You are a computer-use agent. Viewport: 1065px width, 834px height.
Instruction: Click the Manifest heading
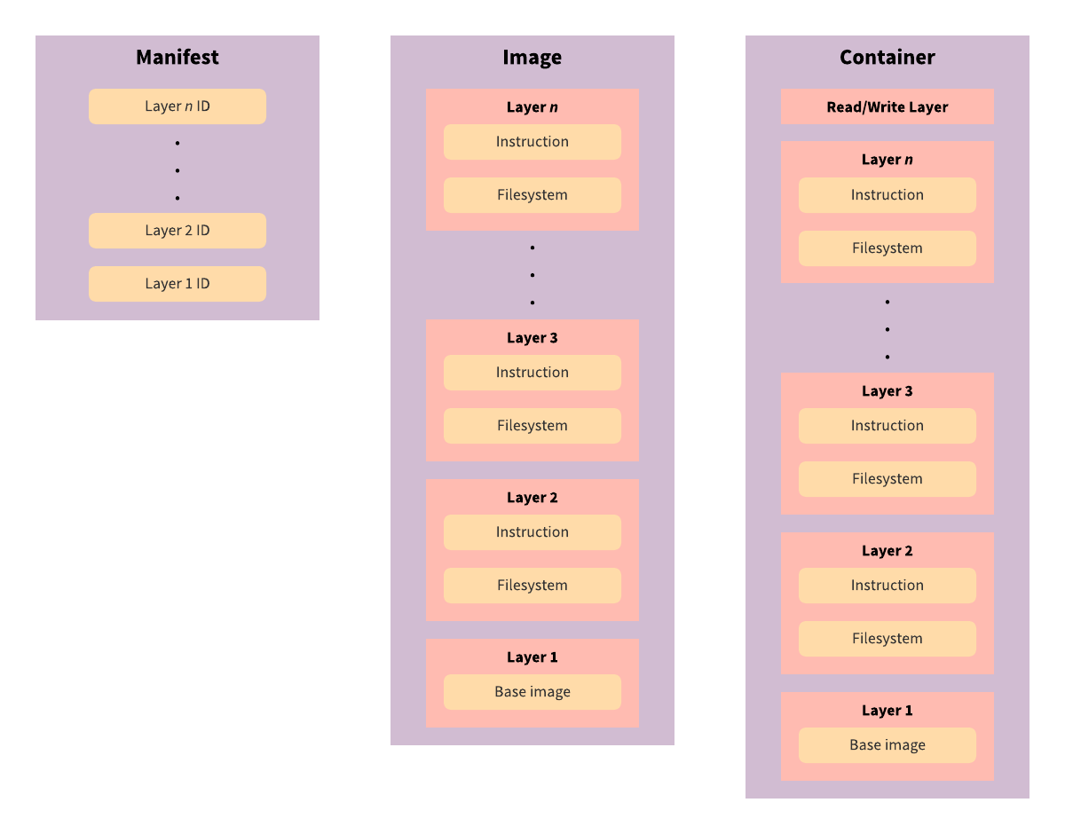[x=177, y=58]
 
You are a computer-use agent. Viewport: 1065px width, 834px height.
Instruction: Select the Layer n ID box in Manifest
[x=177, y=106]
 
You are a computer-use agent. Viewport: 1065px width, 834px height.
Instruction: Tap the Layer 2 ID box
[x=177, y=231]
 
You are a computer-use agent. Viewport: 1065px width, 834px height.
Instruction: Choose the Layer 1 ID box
[x=177, y=284]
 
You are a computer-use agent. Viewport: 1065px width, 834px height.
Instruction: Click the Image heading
[x=532, y=58]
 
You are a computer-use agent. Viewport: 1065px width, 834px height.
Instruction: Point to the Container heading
[x=887, y=58]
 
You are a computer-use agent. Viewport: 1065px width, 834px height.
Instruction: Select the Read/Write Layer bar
[x=887, y=106]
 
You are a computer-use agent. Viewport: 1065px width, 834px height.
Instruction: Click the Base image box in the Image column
[x=532, y=692]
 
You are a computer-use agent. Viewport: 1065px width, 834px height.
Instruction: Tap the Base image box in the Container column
[x=887, y=745]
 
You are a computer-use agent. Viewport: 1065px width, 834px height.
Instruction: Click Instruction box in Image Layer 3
[x=532, y=373]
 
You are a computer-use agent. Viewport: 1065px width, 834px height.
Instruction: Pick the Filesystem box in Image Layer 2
[x=532, y=586]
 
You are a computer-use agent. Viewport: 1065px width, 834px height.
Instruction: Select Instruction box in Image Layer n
[x=532, y=142]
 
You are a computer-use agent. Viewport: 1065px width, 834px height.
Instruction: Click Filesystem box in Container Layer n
[x=887, y=248]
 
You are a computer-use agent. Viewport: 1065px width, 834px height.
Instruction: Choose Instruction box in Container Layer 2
[x=887, y=586]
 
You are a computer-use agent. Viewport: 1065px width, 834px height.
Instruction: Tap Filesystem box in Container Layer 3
[x=887, y=479]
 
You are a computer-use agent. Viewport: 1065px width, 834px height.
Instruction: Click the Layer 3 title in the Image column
[x=532, y=338]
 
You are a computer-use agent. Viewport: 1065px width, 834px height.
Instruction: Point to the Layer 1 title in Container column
[x=887, y=711]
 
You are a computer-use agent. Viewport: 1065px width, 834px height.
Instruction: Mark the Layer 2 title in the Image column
[x=532, y=498]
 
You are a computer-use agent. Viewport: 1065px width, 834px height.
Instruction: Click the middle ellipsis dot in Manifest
[x=177, y=170]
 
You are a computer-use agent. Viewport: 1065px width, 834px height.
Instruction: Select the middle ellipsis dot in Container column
[x=887, y=329]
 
